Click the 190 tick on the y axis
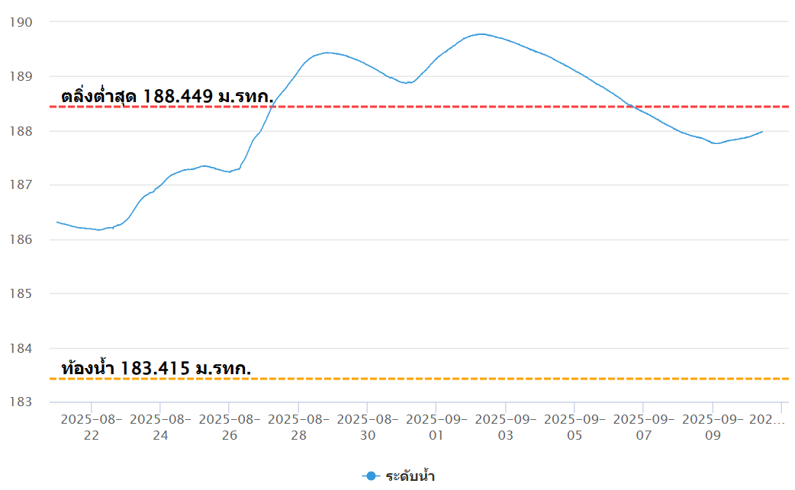19,21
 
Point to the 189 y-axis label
19,76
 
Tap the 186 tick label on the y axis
19,239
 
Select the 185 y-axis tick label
19,293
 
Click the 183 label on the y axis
19,402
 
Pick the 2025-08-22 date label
92,427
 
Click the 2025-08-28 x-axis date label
298,427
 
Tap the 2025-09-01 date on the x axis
436,427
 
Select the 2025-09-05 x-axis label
575,427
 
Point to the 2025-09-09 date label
713,427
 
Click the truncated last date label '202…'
767,419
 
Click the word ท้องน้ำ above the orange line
87,369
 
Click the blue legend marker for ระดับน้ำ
371,476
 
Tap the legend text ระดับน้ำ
410,476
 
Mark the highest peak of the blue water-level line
481,34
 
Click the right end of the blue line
762,132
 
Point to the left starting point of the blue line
57,222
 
